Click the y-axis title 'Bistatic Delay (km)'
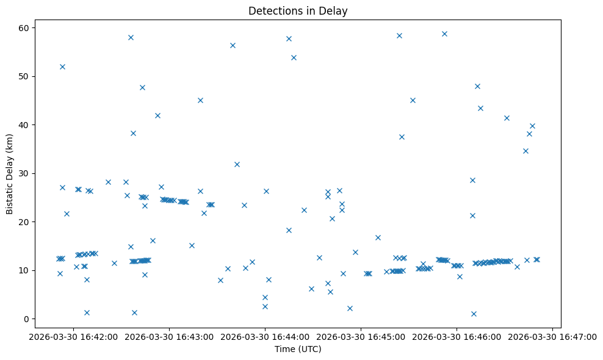[x=10, y=173]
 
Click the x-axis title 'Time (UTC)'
[x=298, y=349]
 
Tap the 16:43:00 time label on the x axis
[x=169, y=336]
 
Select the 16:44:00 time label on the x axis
[x=265, y=336]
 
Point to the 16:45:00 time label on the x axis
[x=361, y=336]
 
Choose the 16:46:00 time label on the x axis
[x=457, y=336]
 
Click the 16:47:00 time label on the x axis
[x=552, y=336]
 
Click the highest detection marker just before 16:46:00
[x=444, y=34]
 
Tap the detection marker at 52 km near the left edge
[x=62, y=67]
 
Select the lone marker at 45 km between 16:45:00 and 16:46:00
[x=413, y=100]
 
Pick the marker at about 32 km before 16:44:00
[x=237, y=164]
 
